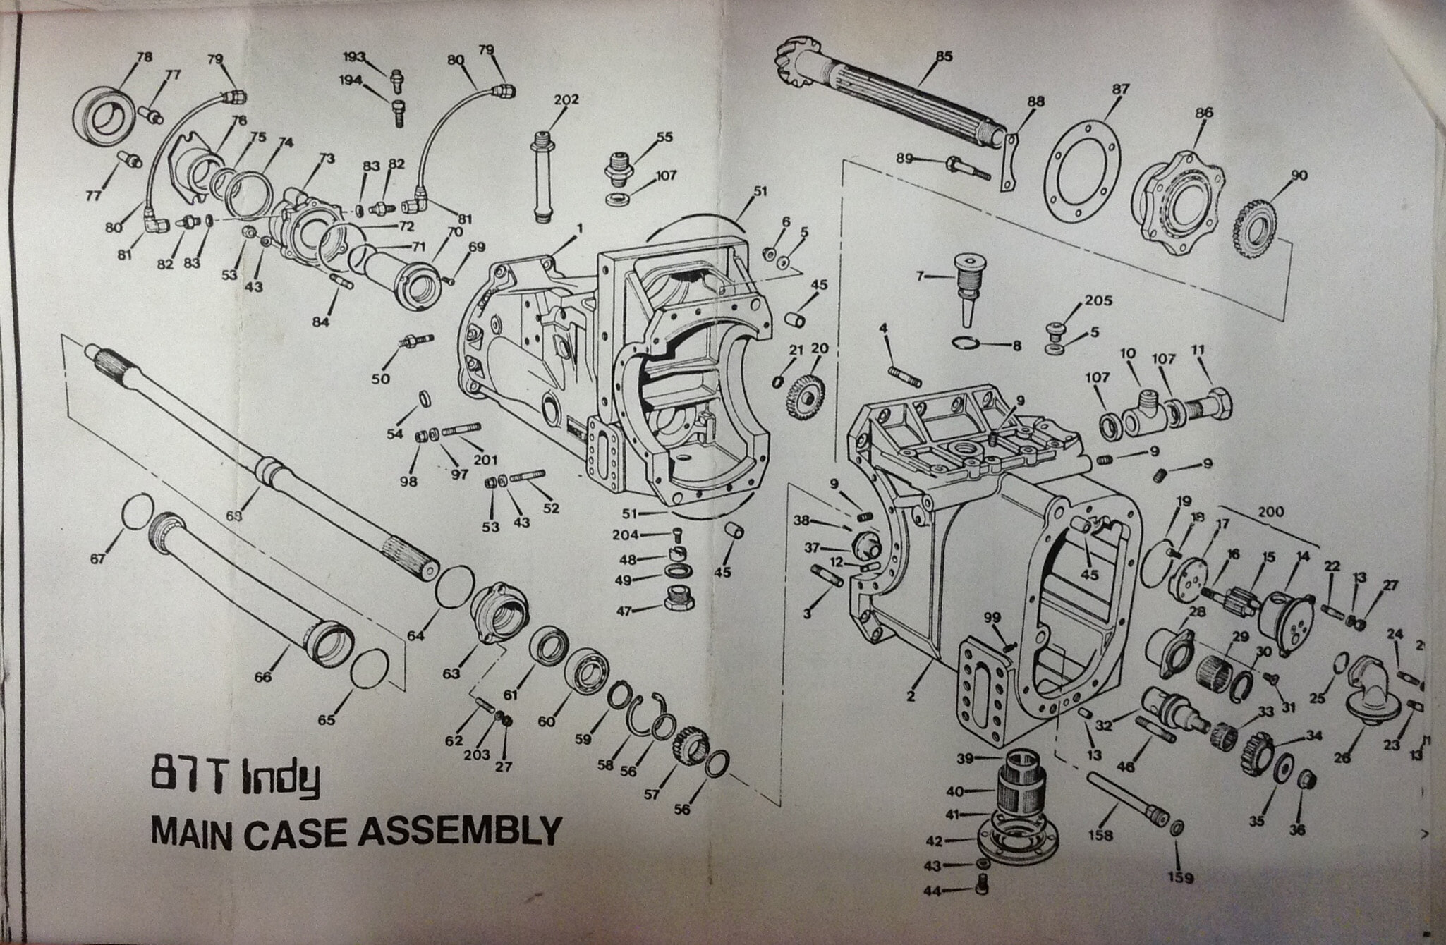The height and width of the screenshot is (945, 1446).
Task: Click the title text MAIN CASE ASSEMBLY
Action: [x=356, y=831]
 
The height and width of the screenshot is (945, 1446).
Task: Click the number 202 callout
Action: [x=566, y=100]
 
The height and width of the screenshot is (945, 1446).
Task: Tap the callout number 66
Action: [x=263, y=677]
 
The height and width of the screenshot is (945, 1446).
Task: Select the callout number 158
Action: [x=1100, y=836]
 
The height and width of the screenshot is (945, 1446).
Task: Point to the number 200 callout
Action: [x=1271, y=512]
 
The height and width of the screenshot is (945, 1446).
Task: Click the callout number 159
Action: [x=1181, y=877]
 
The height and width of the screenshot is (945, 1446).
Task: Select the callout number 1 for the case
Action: [x=579, y=228]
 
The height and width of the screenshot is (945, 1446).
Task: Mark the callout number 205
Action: [x=1098, y=301]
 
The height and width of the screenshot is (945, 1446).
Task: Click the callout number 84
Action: [x=321, y=322]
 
